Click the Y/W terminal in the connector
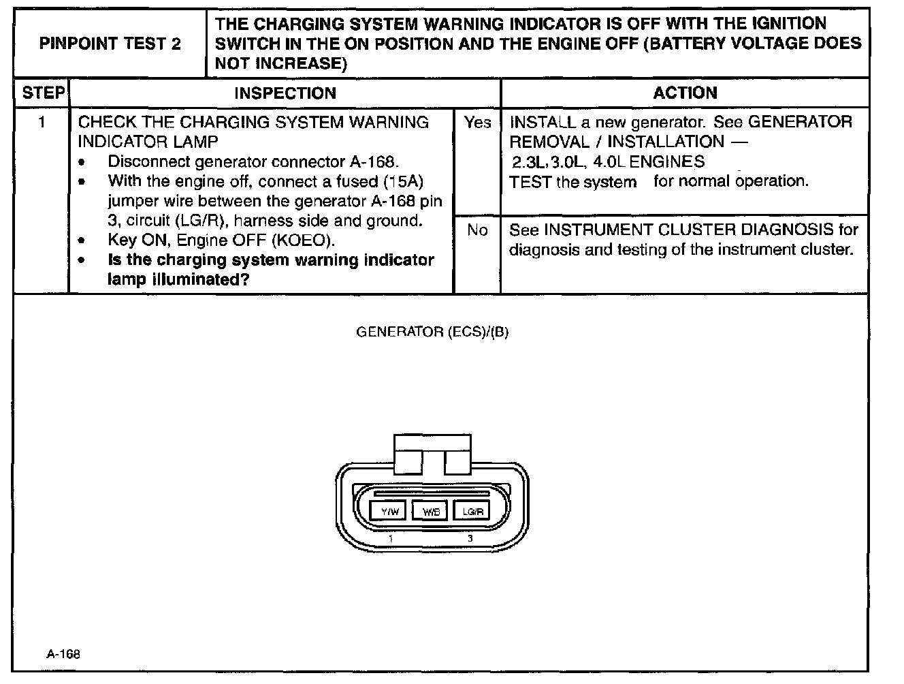pyautogui.click(x=389, y=511)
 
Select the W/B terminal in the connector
pyautogui.click(x=430, y=511)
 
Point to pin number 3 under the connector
pyautogui.click(x=470, y=539)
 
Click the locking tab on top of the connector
pyautogui.click(x=432, y=454)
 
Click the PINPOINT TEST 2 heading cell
pyautogui.click(x=110, y=44)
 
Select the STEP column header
pyautogui.click(x=42, y=93)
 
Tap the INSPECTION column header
pyautogui.click(x=285, y=93)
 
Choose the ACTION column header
pyautogui.click(x=685, y=93)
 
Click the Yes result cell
pyautogui.click(x=477, y=123)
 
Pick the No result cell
pyautogui.click(x=477, y=231)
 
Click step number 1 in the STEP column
pyautogui.click(x=42, y=123)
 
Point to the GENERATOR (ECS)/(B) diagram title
pyautogui.click(x=432, y=332)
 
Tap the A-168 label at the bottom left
pyautogui.click(x=63, y=654)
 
